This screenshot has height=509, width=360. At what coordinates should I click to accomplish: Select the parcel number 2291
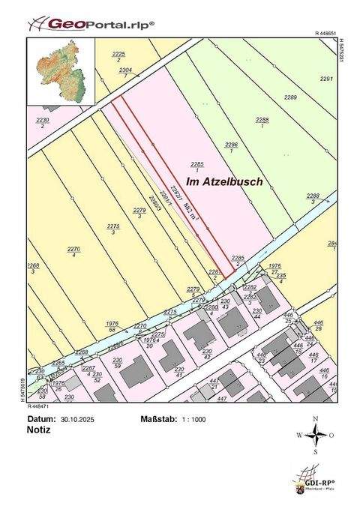(325, 79)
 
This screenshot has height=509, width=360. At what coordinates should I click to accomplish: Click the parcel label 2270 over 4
(73, 252)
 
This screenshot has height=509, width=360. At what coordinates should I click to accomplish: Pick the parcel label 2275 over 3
(112, 229)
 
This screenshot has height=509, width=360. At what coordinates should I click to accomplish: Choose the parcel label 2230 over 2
(43, 122)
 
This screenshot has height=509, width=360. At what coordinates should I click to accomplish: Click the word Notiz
(39, 430)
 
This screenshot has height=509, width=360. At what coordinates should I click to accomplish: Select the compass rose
(316, 435)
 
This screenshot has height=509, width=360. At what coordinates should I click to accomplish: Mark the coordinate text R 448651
(325, 34)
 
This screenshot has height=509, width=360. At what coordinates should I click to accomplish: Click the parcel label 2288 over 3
(313, 199)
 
